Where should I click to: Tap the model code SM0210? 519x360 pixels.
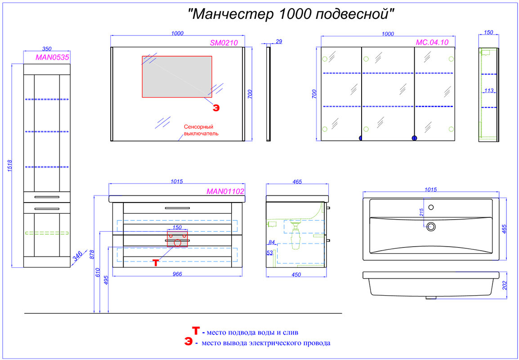point(224,43)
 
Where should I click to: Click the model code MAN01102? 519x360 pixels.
point(225,191)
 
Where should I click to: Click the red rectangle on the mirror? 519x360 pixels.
point(177,76)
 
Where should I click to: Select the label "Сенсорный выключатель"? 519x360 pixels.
point(201,130)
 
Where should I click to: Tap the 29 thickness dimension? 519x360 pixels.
point(278,41)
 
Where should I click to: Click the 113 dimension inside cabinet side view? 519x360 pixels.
point(489,91)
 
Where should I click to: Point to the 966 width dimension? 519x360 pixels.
point(177,274)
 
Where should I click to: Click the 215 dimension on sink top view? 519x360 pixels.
point(421,213)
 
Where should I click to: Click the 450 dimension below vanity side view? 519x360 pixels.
point(295,274)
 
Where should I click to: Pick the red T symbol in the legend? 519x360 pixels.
point(196,331)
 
